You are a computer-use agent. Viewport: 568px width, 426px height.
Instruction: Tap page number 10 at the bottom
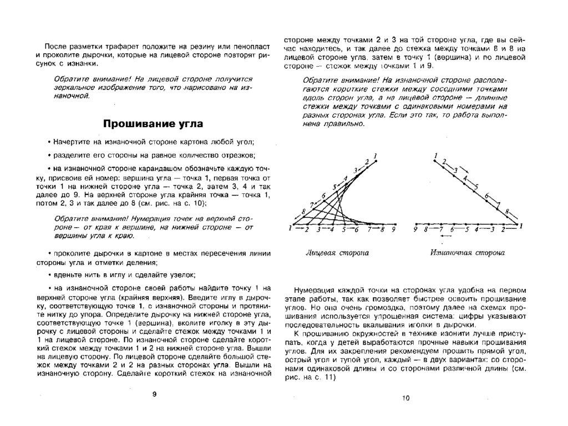click(x=405, y=398)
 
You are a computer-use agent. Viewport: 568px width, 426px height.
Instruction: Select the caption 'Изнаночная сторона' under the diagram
click(x=468, y=253)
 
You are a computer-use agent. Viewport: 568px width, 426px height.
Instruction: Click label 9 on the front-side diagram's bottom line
click(x=393, y=229)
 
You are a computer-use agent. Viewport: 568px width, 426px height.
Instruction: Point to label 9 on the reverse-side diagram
click(x=417, y=229)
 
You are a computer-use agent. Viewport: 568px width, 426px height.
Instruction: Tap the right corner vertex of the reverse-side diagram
click(x=519, y=224)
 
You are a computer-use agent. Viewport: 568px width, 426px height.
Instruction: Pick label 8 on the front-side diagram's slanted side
click(x=304, y=211)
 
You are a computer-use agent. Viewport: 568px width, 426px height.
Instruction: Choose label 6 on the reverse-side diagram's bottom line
click(x=453, y=229)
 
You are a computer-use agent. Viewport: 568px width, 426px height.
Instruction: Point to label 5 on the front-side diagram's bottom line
click(x=344, y=229)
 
